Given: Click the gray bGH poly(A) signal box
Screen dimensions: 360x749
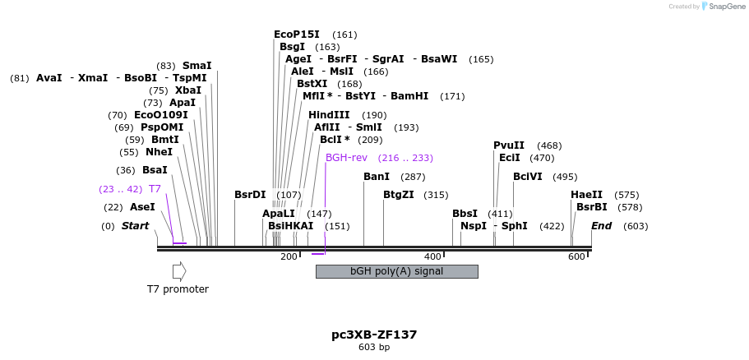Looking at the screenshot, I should click(x=396, y=271).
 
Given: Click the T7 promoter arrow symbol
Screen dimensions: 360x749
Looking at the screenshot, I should click(x=179, y=271).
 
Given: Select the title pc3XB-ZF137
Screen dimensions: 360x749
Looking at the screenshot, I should click(x=374, y=335).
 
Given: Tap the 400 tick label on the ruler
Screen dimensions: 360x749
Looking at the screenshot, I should click(x=432, y=257).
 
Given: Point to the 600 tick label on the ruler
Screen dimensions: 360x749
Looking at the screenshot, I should click(x=576, y=257).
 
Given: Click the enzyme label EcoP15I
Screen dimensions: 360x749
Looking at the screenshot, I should click(x=297, y=35).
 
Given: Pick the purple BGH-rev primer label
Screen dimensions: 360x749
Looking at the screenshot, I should click(x=346, y=158).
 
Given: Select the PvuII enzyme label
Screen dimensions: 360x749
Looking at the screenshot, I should click(x=509, y=145).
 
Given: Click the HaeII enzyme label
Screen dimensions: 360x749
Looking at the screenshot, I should click(x=586, y=195).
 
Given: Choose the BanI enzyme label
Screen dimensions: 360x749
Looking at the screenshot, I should click(x=377, y=177).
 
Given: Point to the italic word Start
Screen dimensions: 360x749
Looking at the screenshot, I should click(x=136, y=226).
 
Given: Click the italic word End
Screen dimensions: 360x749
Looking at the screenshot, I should click(x=602, y=226).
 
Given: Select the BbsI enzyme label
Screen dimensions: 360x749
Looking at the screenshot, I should click(x=465, y=214).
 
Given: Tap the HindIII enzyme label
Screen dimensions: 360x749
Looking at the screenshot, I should click(x=329, y=115).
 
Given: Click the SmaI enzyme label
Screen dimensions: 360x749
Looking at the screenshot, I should click(x=197, y=66).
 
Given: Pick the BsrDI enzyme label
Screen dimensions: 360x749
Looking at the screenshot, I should click(x=250, y=195).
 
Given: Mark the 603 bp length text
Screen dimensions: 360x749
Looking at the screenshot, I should click(x=374, y=348).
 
